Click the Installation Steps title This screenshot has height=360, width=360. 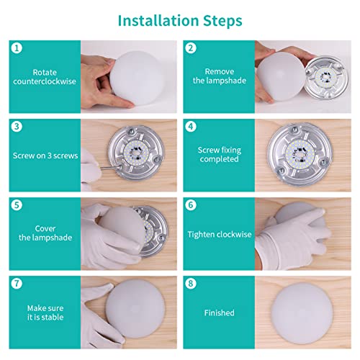(180, 19)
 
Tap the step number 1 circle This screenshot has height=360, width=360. (17, 48)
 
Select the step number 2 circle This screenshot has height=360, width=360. (191, 48)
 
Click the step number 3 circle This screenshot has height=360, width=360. (17, 126)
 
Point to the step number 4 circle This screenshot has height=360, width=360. (191, 126)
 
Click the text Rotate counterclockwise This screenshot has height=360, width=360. (45, 76)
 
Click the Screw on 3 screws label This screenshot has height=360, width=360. (45, 155)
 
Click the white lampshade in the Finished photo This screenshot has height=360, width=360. (304, 312)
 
